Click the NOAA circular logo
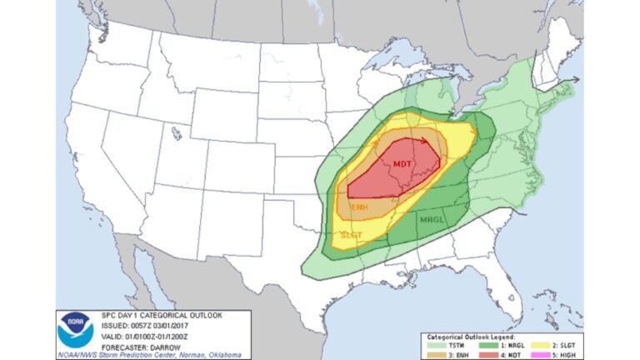click(x=75, y=330)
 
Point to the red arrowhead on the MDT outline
click(x=426, y=142)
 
